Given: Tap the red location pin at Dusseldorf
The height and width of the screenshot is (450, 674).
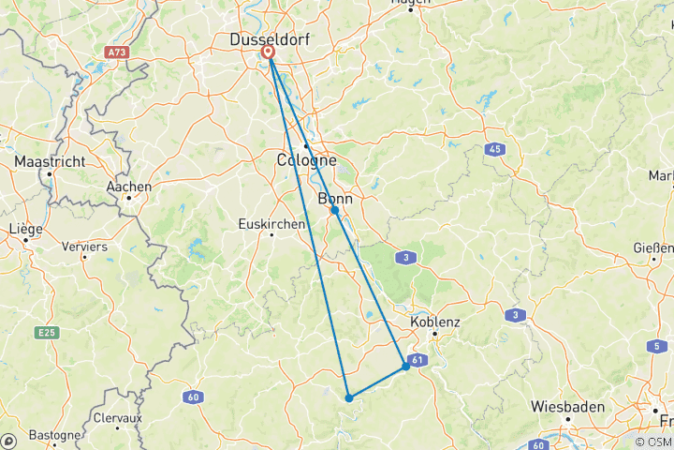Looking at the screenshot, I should [x=269, y=53].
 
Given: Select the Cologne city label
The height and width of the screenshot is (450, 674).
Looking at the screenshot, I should [x=306, y=160].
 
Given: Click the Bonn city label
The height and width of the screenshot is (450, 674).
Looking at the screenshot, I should [x=335, y=199].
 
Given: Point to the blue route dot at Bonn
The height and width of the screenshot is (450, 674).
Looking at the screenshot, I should [x=334, y=211].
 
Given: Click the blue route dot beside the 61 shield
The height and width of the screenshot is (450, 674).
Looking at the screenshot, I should [x=405, y=366].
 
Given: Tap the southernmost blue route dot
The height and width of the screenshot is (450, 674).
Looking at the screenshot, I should [x=348, y=397].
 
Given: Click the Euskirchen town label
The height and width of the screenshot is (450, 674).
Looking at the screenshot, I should [x=271, y=224].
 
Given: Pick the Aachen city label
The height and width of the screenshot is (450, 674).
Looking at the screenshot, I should [x=129, y=187].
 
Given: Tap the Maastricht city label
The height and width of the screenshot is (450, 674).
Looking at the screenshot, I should [x=50, y=161].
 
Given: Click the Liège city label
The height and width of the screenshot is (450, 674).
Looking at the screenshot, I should [x=25, y=228].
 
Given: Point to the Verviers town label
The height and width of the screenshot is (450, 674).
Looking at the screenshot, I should [x=83, y=247].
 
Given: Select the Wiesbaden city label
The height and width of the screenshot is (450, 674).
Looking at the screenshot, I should [x=566, y=407].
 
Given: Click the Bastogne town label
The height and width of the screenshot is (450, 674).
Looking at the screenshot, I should [x=54, y=435].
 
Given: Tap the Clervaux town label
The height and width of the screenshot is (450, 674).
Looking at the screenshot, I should [x=117, y=417].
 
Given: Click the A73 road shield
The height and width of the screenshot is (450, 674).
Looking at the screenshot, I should [x=117, y=53].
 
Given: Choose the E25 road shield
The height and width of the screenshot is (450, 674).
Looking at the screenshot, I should [x=46, y=332].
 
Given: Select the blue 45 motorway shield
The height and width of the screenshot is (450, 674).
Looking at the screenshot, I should [x=493, y=149].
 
